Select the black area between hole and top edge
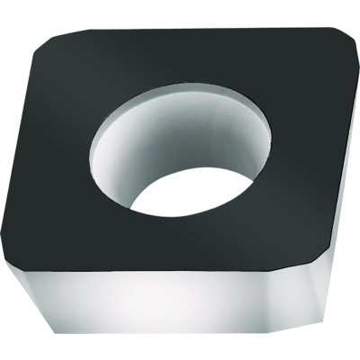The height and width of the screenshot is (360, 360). (x=180, y=54)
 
